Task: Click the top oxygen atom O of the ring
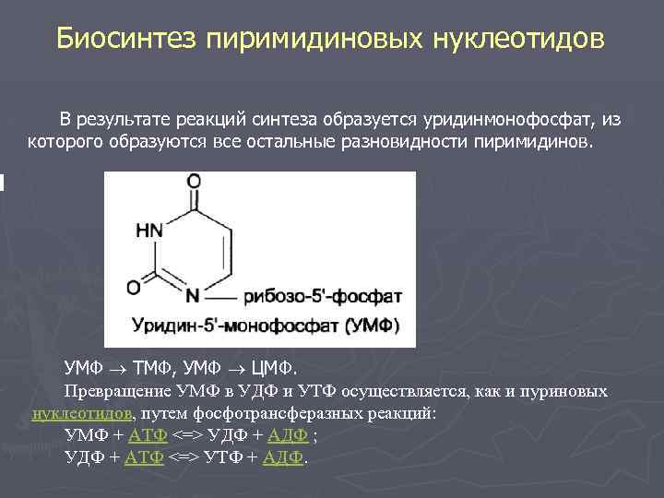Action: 192,183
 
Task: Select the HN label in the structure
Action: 150,231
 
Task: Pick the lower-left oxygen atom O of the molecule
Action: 134,289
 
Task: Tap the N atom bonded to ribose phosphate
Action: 192,296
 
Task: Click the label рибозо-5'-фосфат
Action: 323,296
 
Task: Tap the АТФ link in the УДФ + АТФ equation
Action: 145,456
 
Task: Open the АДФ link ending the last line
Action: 282,456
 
